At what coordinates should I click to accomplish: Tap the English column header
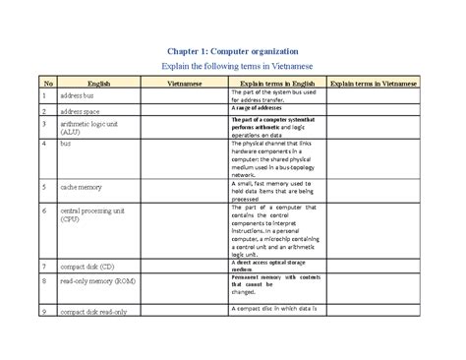(x=99, y=86)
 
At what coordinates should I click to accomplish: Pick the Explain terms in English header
(x=277, y=86)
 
